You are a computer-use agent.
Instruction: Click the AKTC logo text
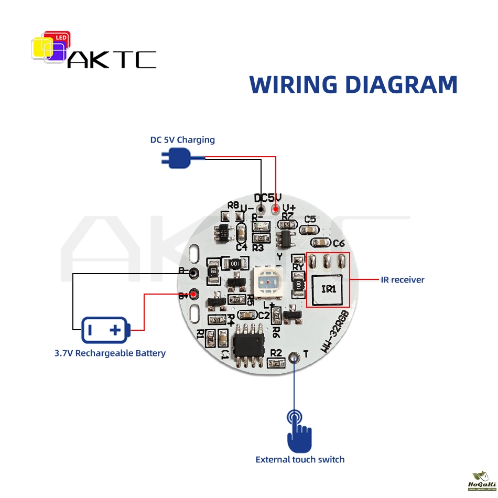tap(112, 59)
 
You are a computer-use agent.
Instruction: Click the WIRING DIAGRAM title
tap(353, 84)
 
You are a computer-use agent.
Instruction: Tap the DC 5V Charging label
tap(182, 139)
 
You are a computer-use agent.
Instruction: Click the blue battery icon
tap(104, 330)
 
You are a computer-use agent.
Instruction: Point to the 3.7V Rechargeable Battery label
tap(110, 353)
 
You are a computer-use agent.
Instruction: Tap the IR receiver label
tap(403, 279)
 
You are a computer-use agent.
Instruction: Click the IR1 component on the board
tap(328, 289)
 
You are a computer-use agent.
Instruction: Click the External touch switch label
tap(300, 460)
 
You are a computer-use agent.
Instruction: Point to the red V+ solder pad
tap(276, 211)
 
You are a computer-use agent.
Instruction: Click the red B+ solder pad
tap(194, 294)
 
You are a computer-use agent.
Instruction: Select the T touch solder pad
tap(294, 358)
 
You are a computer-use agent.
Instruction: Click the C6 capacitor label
tap(339, 243)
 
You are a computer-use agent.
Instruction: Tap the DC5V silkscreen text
tap(268, 198)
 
